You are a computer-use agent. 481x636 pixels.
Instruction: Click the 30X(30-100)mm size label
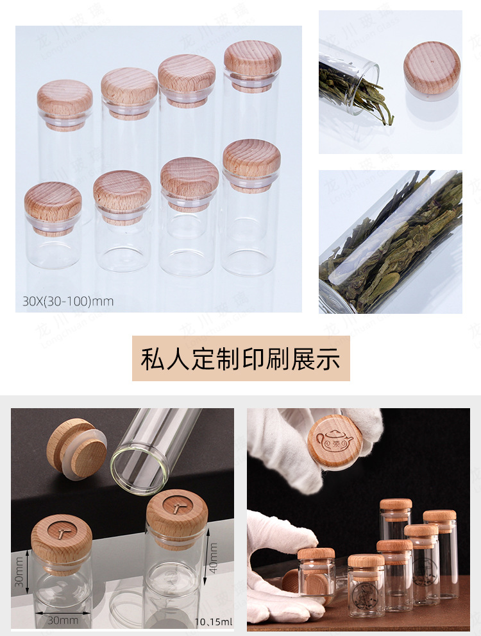point(68,301)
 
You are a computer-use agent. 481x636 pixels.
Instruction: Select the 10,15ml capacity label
point(214,621)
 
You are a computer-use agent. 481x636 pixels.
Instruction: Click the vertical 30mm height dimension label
point(20,572)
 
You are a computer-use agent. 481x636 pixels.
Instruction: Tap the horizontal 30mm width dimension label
point(63,620)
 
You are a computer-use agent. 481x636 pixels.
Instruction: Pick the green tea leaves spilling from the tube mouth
point(359,96)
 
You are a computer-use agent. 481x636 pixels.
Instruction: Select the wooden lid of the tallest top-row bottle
point(253,58)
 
